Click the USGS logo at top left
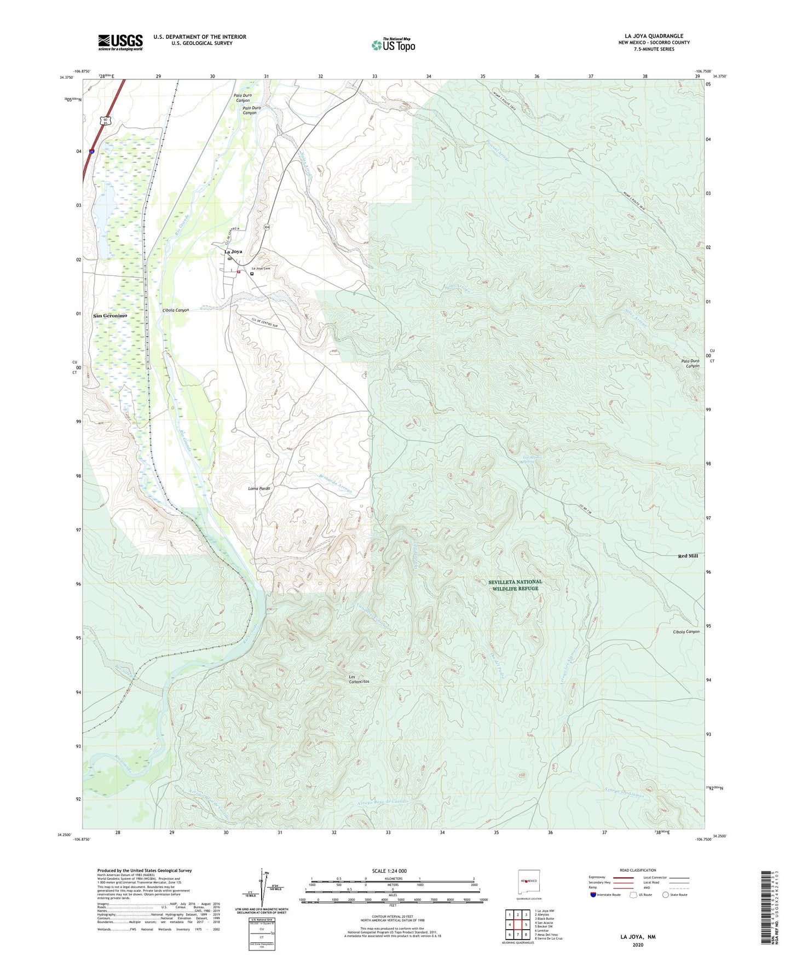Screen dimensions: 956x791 pyautogui.click(x=120, y=42)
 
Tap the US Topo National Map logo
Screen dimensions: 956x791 pyautogui.click(x=393, y=44)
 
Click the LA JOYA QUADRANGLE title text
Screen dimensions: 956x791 pyautogui.click(x=654, y=36)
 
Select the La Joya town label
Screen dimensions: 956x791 pyautogui.click(x=233, y=252)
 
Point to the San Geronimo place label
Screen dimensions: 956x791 pyautogui.click(x=110, y=316)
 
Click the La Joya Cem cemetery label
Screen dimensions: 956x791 pyautogui.click(x=261, y=268)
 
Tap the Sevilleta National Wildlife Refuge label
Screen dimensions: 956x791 pyautogui.click(x=515, y=585)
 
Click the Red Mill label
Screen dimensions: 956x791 pyautogui.click(x=688, y=556)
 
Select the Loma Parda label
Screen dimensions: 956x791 pyautogui.click(x=259, y=488)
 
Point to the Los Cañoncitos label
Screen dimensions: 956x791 pyautogui.click(x=359, y=679)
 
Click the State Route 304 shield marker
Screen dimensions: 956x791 pyautogui.click(x=267, y=227)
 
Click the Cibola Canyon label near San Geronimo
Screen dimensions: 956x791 pyautogui.click(x=176, y=310)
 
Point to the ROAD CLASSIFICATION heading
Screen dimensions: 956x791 pyautogui.click(x=638, y=870)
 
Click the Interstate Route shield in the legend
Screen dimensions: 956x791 pyautogui.click(x=593, y=895)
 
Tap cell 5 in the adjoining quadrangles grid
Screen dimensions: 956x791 pyautogui.click(x=526, y=924)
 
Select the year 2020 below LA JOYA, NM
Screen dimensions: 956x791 pyautogui.click(x=638, y=945)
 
